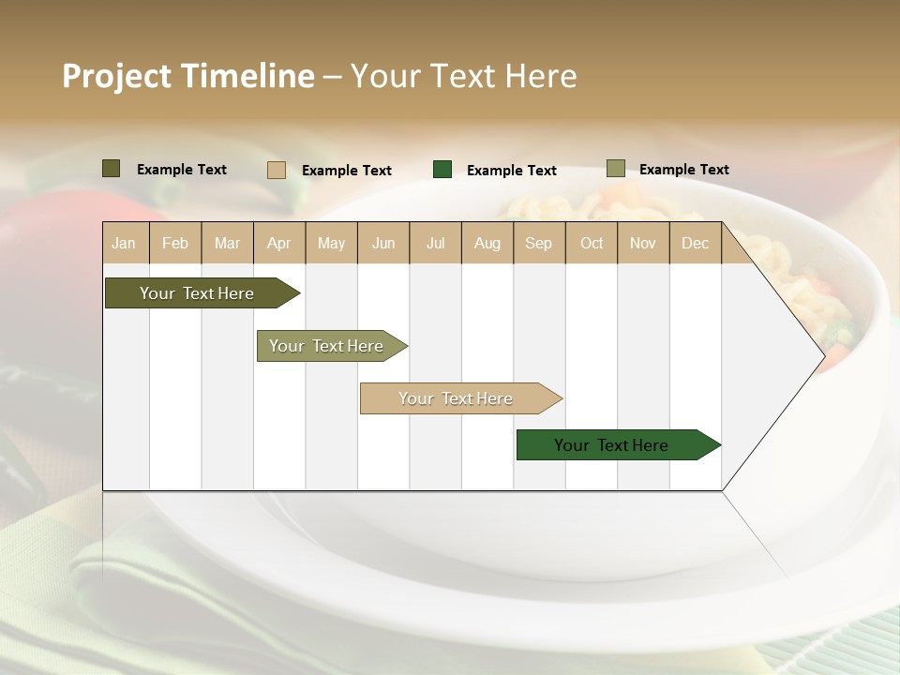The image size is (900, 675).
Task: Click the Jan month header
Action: (x=125, y=243)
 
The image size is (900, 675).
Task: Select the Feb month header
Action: (x=175, y=243)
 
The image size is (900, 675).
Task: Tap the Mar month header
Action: (x=227, y=243)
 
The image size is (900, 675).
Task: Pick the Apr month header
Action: (x=279, y=243)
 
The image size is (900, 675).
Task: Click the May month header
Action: (x=331, y=243)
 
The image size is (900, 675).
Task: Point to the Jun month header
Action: (x=383, y=243)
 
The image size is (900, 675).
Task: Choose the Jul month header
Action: (x=435, y=243)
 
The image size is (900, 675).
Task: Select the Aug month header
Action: (x=487, y=243)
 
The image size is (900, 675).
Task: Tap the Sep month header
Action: (x=539, y=243)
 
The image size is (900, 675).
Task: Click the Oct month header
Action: (x=592, y=243)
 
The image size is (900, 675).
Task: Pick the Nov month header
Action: (x=643, y=243)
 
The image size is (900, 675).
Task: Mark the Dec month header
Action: (x=696, y=243)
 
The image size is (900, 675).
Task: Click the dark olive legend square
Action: (x=112, y=169)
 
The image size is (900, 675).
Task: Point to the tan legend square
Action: (x=277, y=170)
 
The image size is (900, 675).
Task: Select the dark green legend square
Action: (x=442, y=170)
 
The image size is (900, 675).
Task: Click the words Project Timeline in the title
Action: (x=187, y=76)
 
